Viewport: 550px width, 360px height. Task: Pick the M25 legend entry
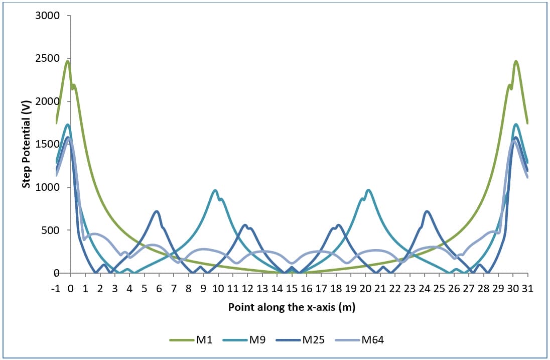click(x=313, y=340)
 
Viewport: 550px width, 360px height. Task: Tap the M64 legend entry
click(x=372, y=340)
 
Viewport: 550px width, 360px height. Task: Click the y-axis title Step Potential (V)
click(x=26, y=144)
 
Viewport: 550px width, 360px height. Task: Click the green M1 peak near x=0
click(x=67, y=61)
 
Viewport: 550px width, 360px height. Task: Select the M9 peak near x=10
click(x=215, y=190)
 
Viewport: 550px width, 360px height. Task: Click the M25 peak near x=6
click(x=157, y=211)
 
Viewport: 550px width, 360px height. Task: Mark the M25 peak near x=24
click(x=427, y=211)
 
